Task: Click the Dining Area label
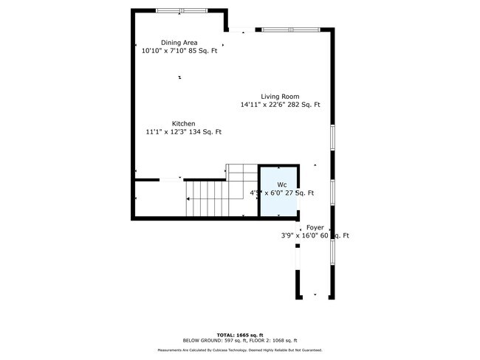coord(179,43)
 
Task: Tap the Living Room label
coord(279,96)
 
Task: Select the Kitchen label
coord(184,123)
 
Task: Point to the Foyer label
coord(315,228)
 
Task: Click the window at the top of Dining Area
coord(181,10)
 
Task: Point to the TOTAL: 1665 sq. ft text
coord(239,335)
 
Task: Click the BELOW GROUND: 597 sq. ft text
coord(207,341)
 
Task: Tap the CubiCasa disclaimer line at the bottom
coord(239,350)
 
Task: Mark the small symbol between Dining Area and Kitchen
coord(179,77)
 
